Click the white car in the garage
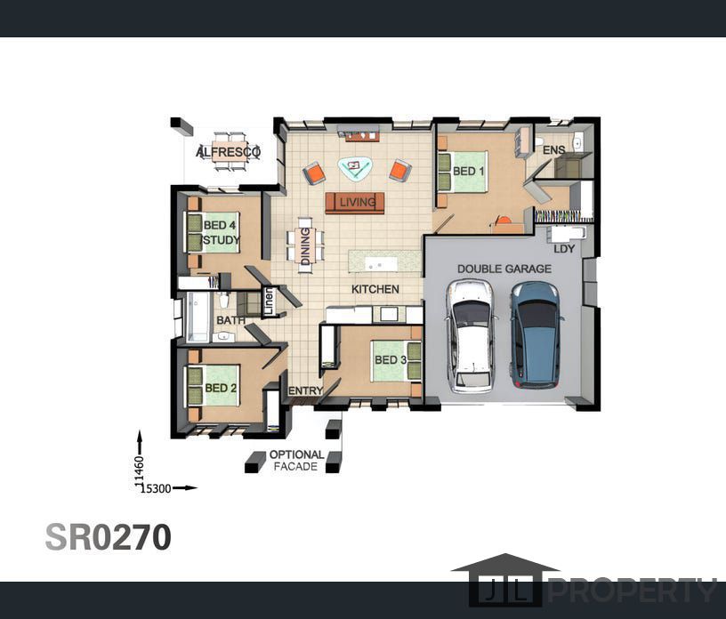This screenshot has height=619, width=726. click(470, 336)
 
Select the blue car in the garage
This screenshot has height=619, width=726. click(536, 334)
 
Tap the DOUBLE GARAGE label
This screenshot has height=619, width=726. click(504, 269)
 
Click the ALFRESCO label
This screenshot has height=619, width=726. click(229, 152)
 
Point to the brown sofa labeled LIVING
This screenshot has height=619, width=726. click(355, 203)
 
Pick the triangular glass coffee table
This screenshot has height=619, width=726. click(355, 167)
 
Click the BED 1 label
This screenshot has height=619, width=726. click(469, 172)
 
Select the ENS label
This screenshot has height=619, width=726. click(553, 150)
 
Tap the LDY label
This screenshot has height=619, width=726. click(564, 249)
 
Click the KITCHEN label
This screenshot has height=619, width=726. click(375, 289)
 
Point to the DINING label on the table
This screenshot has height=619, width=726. click(305, 246)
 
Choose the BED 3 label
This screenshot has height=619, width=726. click(391, 359)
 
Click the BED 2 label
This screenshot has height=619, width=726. click(221, 388)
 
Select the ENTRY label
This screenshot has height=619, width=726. click(305, 391)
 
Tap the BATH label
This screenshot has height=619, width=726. click(231, 320)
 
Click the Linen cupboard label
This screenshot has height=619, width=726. click(269, 301)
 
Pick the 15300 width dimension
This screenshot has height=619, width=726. click(156, 488)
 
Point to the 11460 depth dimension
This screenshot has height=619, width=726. click(140, 470)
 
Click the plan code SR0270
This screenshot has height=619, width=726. click(109, 537)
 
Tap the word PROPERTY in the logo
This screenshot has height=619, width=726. click(633, 591)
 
